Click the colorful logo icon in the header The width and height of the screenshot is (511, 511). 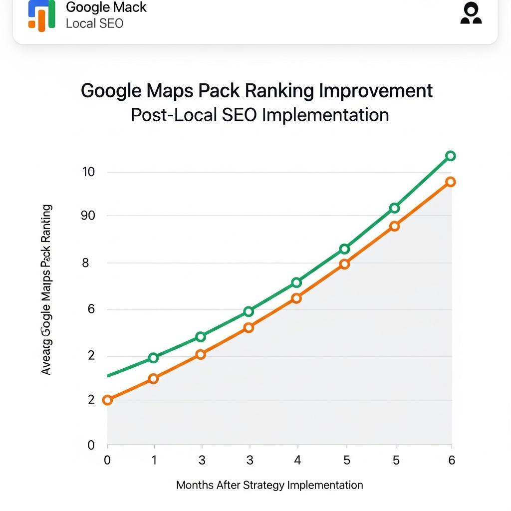(x=41, y=15)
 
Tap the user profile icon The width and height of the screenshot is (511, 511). (x=471, y=13)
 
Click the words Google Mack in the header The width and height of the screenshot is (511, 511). (x=106, y=7)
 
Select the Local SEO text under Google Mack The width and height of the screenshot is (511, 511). (x=94, y=23)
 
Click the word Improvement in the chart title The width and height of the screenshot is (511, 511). (x=376, y=91)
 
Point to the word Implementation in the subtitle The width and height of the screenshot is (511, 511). (x=325, y=115)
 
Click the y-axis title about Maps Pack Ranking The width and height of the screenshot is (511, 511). (x=46, y=289)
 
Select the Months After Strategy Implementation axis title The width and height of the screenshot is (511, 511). (x=269, y=485)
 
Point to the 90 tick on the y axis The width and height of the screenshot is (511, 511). (x=88, y=216)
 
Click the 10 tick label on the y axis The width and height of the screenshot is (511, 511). (x=88, y=172)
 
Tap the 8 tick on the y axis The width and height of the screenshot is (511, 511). (x=85, y=262)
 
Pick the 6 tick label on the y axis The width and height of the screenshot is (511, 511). (x=91, y=309)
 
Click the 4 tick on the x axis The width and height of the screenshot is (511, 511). (x=297, y=460)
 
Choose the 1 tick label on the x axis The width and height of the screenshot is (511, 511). (x=154, y=460)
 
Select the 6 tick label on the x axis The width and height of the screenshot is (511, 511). (x=452, y=460)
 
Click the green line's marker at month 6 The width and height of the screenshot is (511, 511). (x=450, y=156)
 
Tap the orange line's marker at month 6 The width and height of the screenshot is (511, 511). (x=450, y=182)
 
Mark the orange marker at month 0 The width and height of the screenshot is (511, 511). (x=107, y=400)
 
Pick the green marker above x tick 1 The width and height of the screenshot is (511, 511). (x=153, y=358)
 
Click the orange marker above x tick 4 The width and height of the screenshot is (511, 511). (x=296, y=298)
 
